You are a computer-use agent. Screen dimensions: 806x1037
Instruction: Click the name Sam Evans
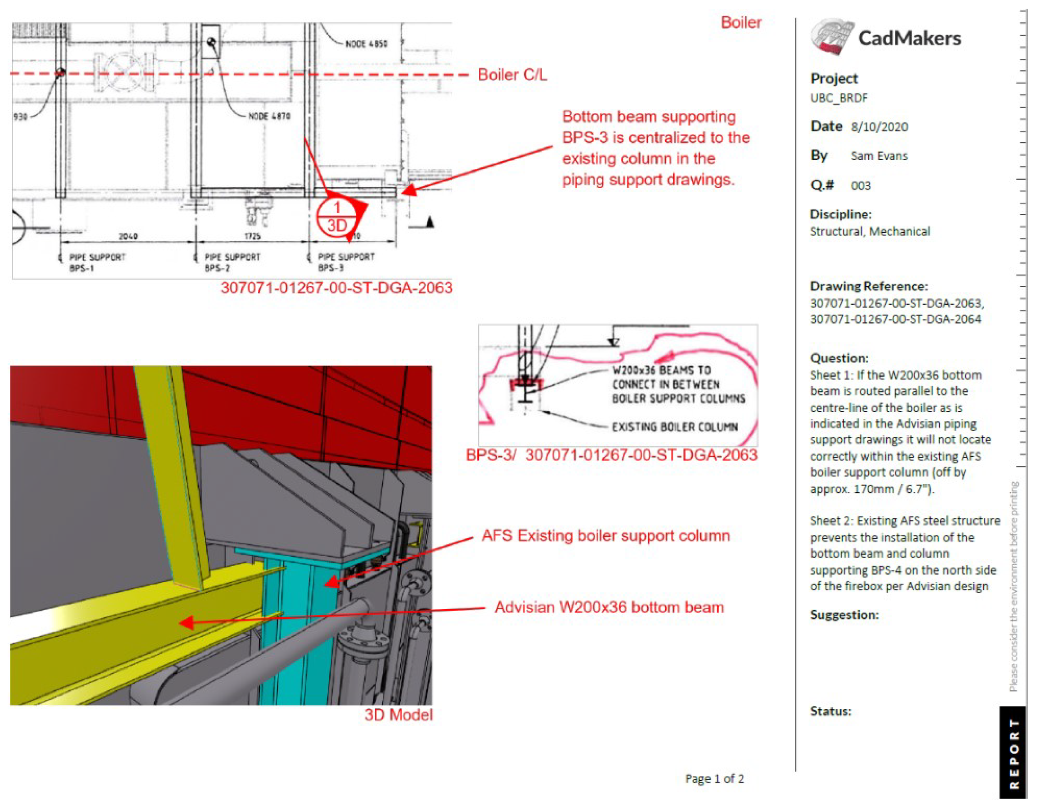coord(878,156)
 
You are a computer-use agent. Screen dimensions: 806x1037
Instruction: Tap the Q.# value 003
coord(860,185)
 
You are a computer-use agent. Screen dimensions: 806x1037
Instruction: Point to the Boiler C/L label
coord(512,75)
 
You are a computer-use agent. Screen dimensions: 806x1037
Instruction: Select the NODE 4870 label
coord(269,116)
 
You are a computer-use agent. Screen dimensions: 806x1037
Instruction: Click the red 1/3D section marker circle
coord(337,216)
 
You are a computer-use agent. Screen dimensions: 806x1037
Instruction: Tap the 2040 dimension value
coord(128,236)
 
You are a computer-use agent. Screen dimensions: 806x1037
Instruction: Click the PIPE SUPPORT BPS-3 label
coord(346,262)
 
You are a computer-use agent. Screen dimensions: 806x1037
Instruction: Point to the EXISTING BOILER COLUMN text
coord(674,427)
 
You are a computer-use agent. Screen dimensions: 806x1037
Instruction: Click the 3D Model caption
coord(399,715)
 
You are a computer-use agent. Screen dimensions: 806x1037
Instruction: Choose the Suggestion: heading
coord(844,615)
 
